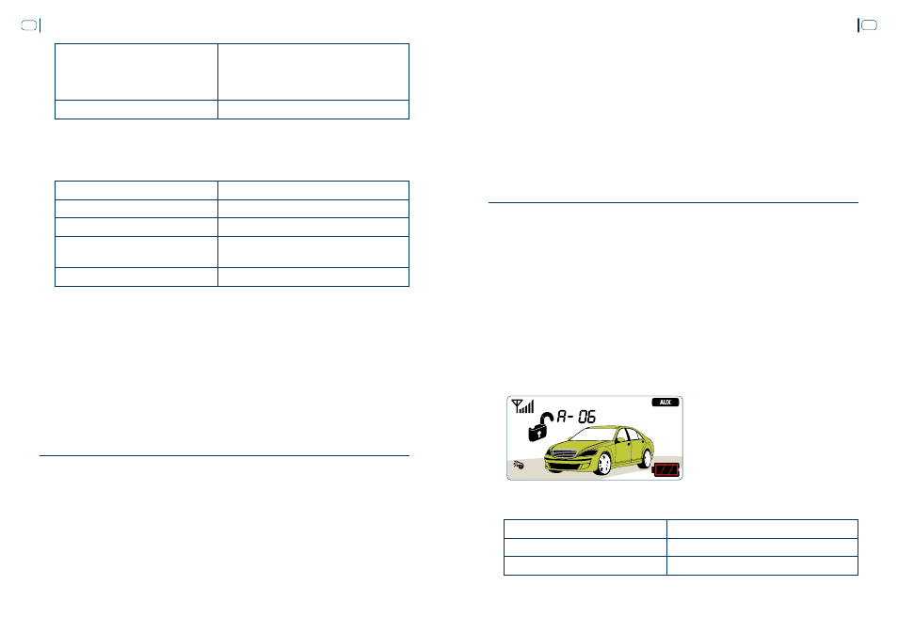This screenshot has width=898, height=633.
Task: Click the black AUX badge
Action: coord(665,403)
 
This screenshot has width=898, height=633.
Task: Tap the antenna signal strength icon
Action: coord(522,405)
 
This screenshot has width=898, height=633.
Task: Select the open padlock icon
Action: coord(539,427)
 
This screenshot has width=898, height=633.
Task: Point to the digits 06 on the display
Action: coord(586,417)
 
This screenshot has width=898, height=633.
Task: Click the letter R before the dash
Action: coord(562,416)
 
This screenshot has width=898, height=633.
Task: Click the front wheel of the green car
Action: coord(603,464)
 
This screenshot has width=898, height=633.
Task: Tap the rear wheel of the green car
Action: coord(647,458)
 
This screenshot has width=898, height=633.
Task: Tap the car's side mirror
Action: coord(619,439)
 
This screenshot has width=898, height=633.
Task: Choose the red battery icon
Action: coord(666,470)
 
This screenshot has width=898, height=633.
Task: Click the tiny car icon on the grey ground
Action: coord(519,465)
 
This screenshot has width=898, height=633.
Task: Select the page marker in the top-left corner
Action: coord(31,25)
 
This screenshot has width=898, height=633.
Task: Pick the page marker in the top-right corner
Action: coord(867,25)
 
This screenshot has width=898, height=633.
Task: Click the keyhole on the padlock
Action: coord(538,434)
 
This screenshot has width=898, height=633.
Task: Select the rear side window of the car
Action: coord(635,435)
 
